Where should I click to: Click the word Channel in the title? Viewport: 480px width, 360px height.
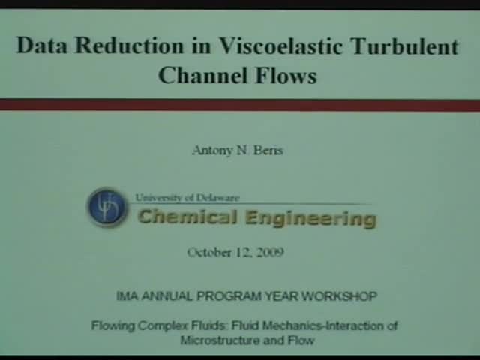[197, 75]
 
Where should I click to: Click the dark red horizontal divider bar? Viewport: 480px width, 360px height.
[240, 104]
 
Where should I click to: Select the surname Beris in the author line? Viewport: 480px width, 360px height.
[268, 150]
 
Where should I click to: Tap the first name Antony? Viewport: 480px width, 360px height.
[214, 150]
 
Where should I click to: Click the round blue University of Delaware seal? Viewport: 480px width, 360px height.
[107, 207]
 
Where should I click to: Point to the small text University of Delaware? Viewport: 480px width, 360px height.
[187, 198]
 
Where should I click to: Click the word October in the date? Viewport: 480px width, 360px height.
[211, 252]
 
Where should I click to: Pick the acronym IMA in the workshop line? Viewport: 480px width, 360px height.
[127, 296]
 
